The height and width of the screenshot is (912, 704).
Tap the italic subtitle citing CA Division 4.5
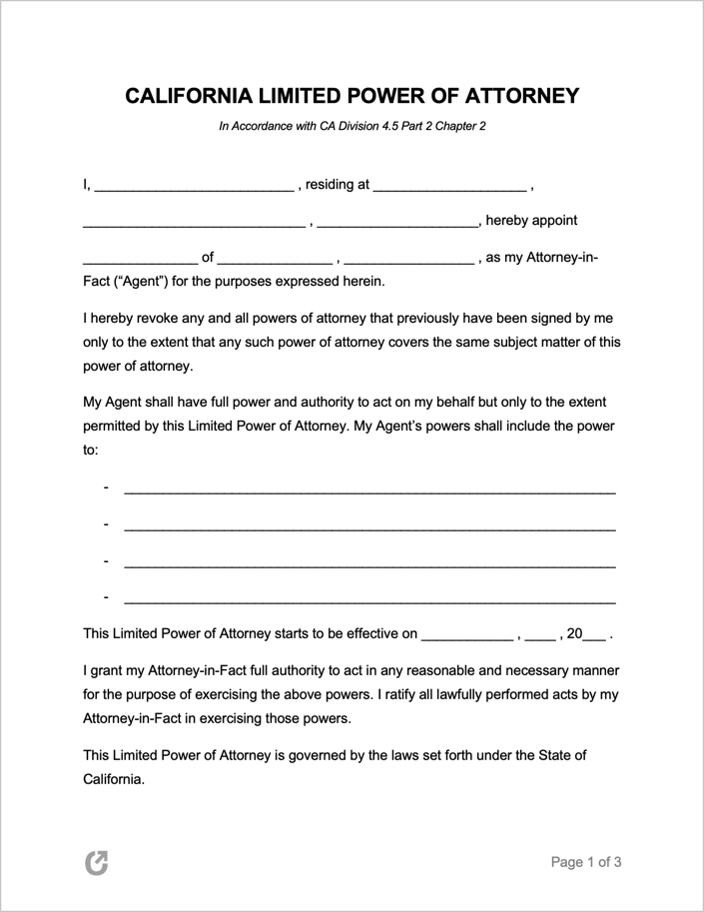click(352, 127)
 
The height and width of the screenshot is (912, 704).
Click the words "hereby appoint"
click(531, 221)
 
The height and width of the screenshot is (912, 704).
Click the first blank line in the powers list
click(368, 490)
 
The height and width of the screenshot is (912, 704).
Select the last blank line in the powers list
click(368, 600)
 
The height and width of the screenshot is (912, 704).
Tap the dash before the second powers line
click(105, 524)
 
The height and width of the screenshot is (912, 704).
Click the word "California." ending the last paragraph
click(114, 779)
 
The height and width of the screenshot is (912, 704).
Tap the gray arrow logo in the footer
click(96, 862)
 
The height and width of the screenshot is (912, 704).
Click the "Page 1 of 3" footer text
click(586, 862)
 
